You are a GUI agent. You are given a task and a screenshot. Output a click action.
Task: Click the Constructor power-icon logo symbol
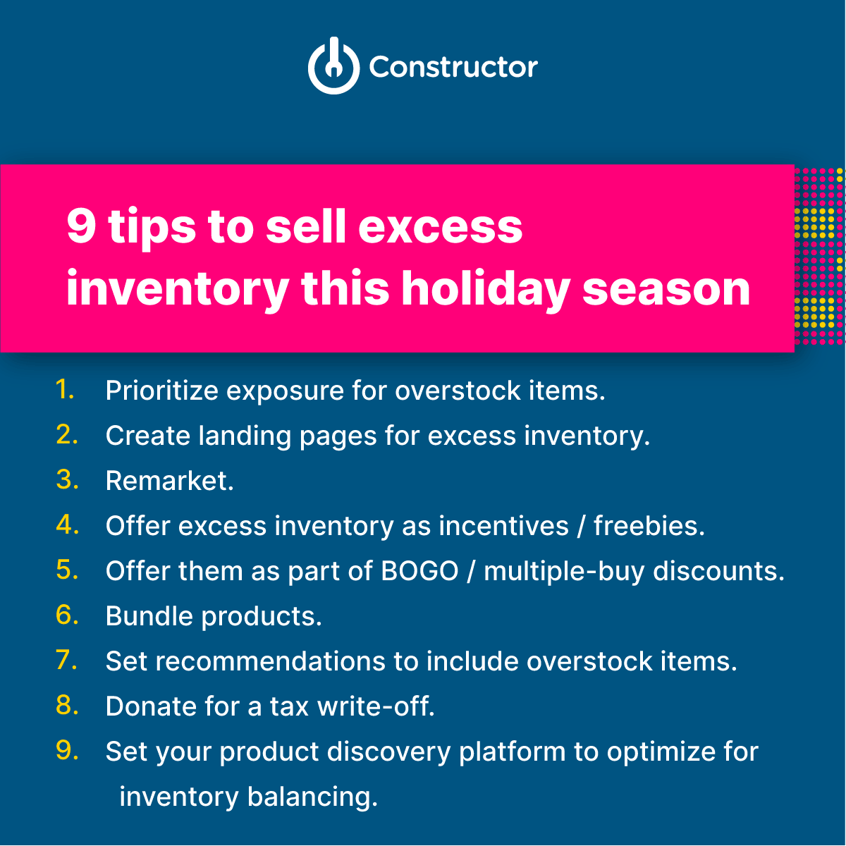(x=333, y=66)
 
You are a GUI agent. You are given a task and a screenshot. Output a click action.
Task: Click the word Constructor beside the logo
(x=453, y=68)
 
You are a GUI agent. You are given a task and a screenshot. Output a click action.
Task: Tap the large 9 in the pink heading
(x=81, y=227)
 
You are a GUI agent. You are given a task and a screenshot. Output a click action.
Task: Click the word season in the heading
(x=666, y=289)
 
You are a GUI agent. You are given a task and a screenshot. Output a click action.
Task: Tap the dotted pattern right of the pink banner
(x=819, y=257)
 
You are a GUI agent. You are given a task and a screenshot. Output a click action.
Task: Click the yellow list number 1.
(x=65, y=389)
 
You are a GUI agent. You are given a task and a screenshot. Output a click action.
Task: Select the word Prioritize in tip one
(x=161, y=391)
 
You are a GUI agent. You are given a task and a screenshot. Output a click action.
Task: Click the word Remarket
(x=169, y=481)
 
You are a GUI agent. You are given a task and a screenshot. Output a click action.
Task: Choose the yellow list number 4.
(x=66, y=525)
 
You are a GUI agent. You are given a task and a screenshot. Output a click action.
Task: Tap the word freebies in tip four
(x=649, y=526)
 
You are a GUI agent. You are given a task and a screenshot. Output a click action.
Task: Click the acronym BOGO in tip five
(x=419, y=571)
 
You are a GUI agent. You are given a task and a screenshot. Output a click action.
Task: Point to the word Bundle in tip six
(x=149, y=616)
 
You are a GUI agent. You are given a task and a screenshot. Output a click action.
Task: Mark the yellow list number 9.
(x=66, y=751)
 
